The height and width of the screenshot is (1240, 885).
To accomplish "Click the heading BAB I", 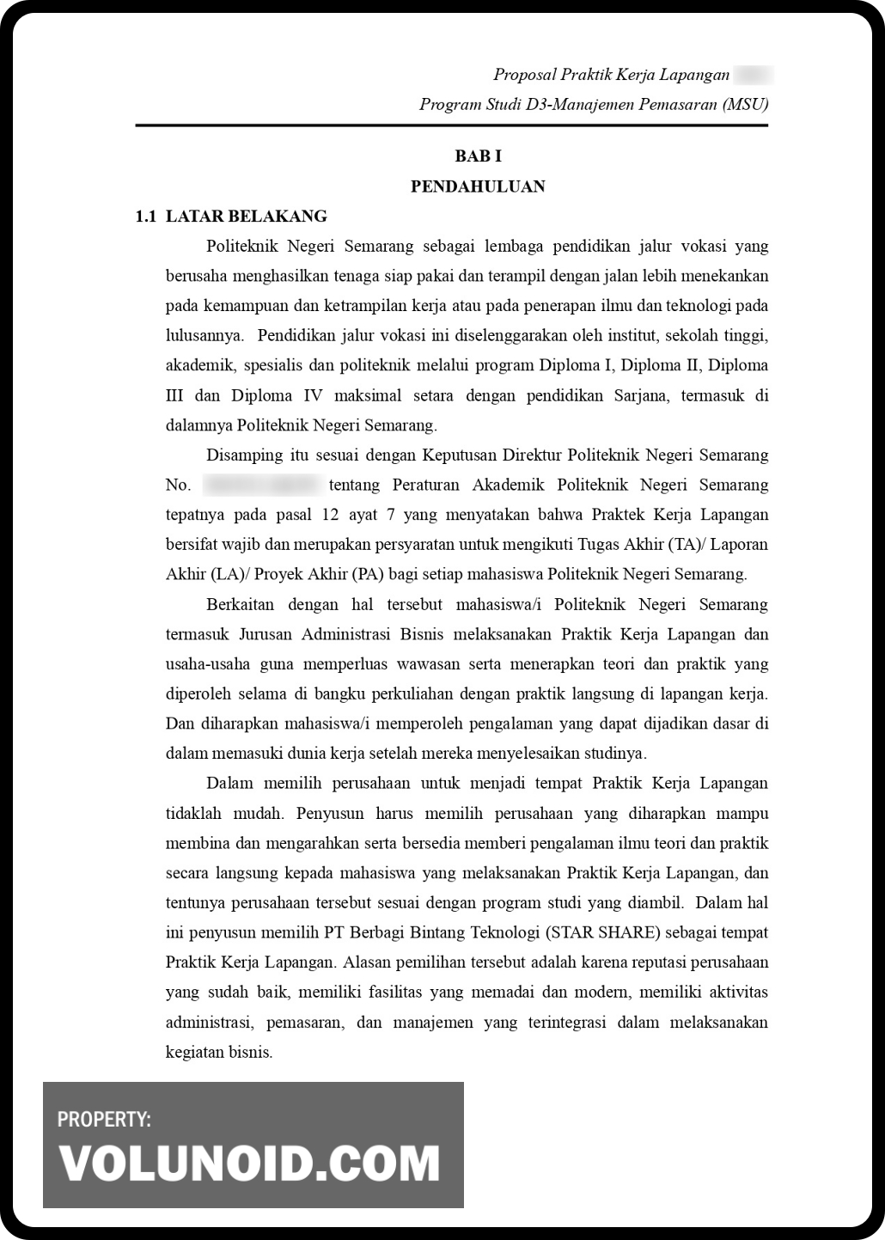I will (x=478, y=156).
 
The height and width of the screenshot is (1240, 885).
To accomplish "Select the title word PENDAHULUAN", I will (x=478, y=186).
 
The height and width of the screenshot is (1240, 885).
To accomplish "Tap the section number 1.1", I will (x=146, y=217).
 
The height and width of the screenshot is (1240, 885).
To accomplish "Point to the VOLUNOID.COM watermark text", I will (x=250, y=1164).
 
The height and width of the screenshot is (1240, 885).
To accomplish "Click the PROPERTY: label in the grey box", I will (x=104, y=1120).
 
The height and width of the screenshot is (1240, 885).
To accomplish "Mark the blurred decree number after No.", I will (x=262, y=486).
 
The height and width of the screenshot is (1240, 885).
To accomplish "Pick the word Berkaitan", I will (x=240, y=605).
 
